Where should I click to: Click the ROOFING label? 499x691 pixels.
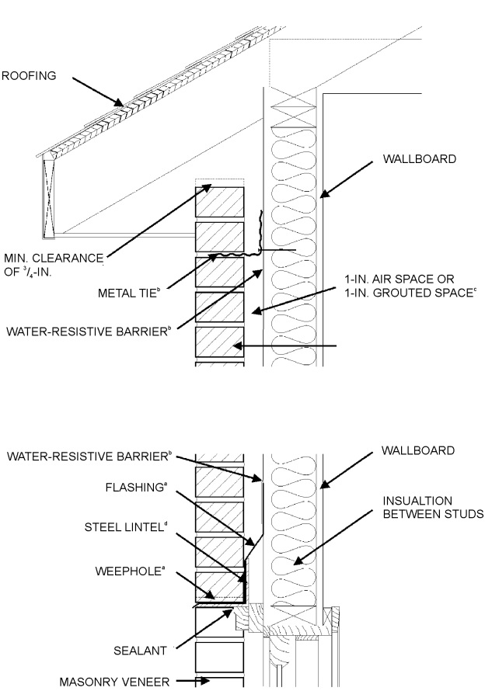(x=30, y=75)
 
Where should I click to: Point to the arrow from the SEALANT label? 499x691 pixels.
(x=203, y=628)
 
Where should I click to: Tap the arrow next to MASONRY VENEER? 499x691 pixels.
(x=195, y=681)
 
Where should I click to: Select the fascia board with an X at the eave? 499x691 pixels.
(x=49, y=196)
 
